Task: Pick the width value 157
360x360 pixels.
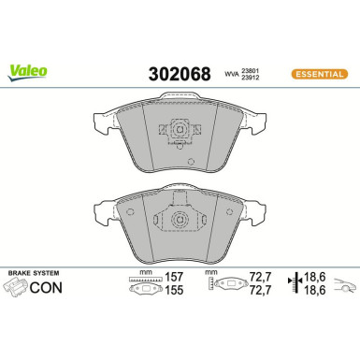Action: (x=173, y=279)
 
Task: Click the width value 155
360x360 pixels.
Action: (x=173, y=292)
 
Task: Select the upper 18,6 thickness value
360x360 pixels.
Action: (x=313, y=279)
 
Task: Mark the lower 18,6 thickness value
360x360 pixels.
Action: (x=313, y=292)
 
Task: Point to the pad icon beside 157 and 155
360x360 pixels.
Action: (x=141, y=290)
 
